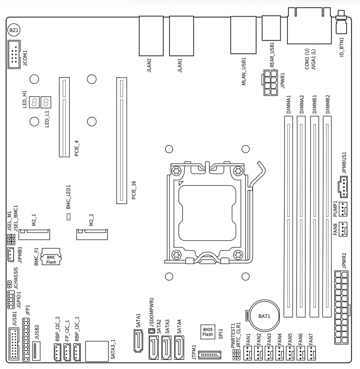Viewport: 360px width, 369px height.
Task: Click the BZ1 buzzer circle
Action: pos(14,30)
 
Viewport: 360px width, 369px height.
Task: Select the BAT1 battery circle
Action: pos(264,316)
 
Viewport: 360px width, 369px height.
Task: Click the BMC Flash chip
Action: pos(51,259)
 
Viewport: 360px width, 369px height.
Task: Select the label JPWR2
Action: pos(343,261)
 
